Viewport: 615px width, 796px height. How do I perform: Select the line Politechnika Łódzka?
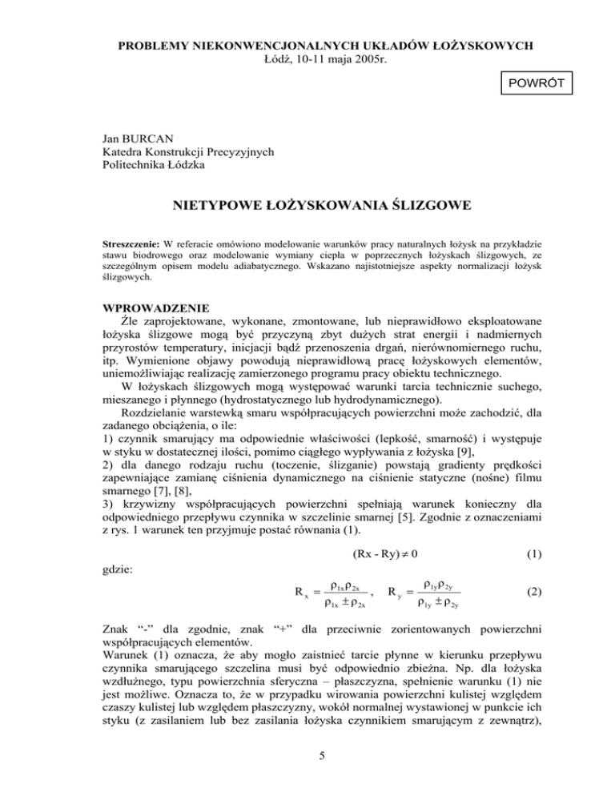point(156,165)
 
